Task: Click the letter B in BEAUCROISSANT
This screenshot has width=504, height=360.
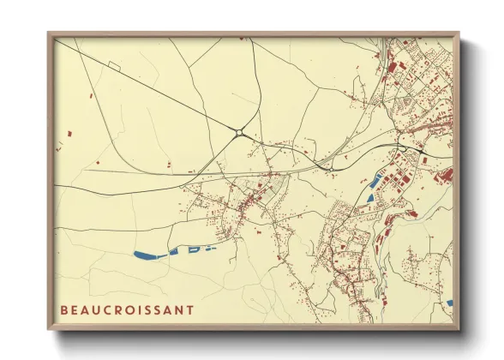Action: pyautogui.click(x=64, y=309)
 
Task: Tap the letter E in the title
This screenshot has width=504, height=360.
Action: pyautogui.click(x=75, y=309)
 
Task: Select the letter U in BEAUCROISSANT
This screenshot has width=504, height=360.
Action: pyautogui.click(x=99, y=309)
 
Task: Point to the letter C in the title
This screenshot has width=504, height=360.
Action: pyautogui.click(x=111, y=309)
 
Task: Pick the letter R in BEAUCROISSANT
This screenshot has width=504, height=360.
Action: pyautogui.click(x=123, y=309)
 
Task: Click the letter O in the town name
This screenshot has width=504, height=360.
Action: pyautogui.click(x=136, y=309)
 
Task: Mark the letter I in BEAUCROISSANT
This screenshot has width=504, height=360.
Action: pyautogui.click(x=147, y=309)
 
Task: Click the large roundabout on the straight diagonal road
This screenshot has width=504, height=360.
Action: pyautogui.click(x=240, y=132)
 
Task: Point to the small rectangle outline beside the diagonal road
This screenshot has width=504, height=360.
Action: pyautogui.click(x=112, y=66)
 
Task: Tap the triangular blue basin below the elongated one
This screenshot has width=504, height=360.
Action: pyautogui.click(x=370, y=198)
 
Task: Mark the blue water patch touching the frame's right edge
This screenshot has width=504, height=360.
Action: pyautogui.click(x=449, y=302)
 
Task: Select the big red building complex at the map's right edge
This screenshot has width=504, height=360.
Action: pyautogui.click(x=444, y=176)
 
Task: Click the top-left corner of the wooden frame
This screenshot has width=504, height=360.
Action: pyautogui.click(x=49, y=33)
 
